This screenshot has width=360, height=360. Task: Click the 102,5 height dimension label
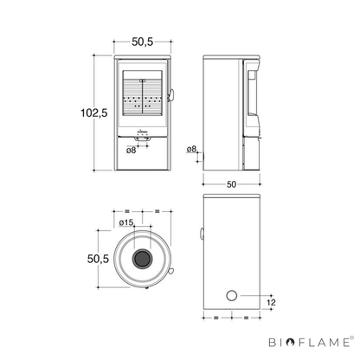coord(94,112)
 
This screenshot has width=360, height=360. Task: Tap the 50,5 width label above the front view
coord(143,42)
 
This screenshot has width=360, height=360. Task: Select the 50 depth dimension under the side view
coord(231,184)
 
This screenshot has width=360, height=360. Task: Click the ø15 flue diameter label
coord(126,222)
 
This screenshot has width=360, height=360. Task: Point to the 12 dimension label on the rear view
coord(271,302)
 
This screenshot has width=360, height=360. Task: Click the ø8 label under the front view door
coord(131,150)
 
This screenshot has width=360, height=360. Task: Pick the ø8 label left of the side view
coord(191,149)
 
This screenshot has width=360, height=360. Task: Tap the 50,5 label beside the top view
coord(98,259)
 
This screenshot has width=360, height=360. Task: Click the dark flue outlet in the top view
coord(142,259)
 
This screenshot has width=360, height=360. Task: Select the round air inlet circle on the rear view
coord(232,296)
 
